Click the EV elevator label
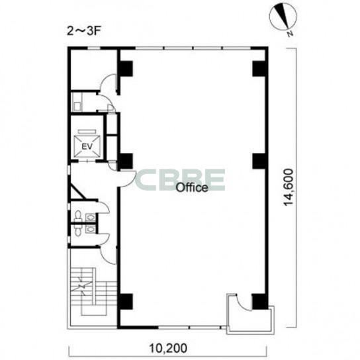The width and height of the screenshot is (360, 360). pos(87,146)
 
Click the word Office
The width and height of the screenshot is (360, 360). pos(192,187)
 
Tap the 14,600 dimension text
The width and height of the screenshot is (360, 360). pos(289,187)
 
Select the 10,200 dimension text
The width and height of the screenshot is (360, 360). pos(168,348)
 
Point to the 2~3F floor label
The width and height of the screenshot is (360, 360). pos(84,31)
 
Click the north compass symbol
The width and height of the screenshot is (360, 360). pos(283,17)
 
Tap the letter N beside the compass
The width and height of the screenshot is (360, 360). pos(291,34)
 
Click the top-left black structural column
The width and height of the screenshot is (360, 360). pos(125,69)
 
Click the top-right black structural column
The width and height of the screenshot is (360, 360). pos(260,69)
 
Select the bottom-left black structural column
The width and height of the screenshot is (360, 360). pos(125,302)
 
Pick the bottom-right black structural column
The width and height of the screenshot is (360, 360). pos(260,302)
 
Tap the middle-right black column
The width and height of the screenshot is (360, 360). pos(260,161)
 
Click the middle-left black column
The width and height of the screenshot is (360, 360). pos(125,161)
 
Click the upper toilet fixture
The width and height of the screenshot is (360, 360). pos(78,216)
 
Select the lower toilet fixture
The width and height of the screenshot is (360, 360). pos(77,230)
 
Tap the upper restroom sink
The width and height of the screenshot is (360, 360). pos(91,217)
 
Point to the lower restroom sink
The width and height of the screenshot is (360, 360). pos(91,229)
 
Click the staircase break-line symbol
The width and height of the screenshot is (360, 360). pos(82,286)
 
